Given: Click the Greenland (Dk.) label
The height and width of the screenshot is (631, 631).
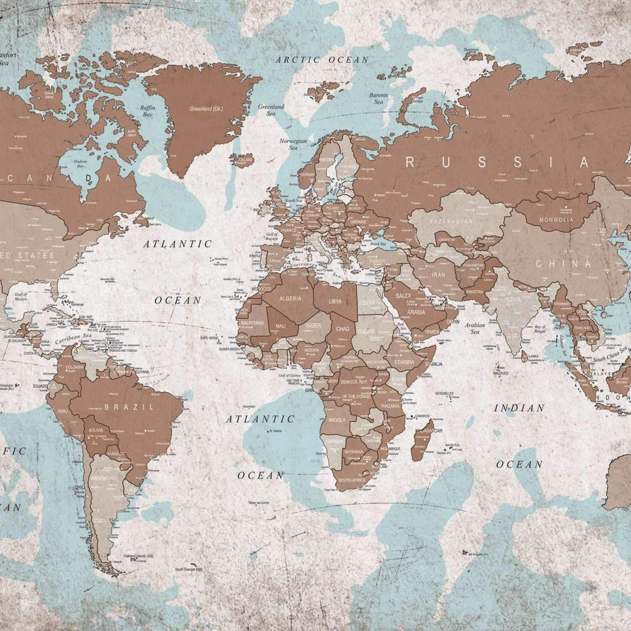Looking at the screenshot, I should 206,109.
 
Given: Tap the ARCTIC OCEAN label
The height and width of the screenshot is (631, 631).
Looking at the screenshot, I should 322,60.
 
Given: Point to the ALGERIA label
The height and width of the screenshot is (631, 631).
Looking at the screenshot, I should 291,298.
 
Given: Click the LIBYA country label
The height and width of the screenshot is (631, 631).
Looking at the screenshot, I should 335,302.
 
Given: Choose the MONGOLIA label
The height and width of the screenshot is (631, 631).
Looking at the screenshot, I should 556,219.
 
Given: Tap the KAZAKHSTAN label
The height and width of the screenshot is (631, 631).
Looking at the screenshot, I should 452,221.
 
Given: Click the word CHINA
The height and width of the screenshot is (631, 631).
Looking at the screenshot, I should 558,264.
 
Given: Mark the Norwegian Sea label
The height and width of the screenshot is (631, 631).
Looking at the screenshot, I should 293,144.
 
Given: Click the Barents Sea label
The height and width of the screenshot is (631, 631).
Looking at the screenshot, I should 378,99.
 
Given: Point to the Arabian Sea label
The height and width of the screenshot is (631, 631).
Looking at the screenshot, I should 475,328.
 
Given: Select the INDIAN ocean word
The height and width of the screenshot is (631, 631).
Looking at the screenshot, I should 519,408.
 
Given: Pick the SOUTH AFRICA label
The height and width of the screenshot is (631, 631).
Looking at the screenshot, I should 352,479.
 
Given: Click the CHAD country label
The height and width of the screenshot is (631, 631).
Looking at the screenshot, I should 343,329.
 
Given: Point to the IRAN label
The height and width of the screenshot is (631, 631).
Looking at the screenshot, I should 438,275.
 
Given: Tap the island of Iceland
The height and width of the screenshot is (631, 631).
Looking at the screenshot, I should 242,160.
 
